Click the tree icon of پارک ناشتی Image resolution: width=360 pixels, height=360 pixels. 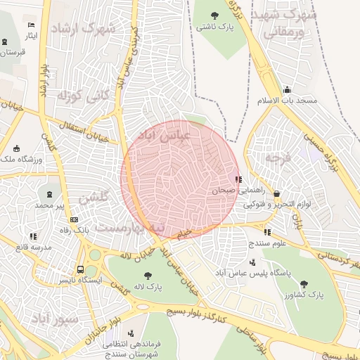215,13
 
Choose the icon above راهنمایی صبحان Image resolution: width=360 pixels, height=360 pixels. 238,179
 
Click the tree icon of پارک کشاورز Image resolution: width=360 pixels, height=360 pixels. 303,284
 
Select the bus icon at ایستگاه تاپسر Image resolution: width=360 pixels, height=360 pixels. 80,269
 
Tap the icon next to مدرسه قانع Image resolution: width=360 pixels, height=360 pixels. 34,237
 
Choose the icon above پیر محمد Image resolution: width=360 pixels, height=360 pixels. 49,194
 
